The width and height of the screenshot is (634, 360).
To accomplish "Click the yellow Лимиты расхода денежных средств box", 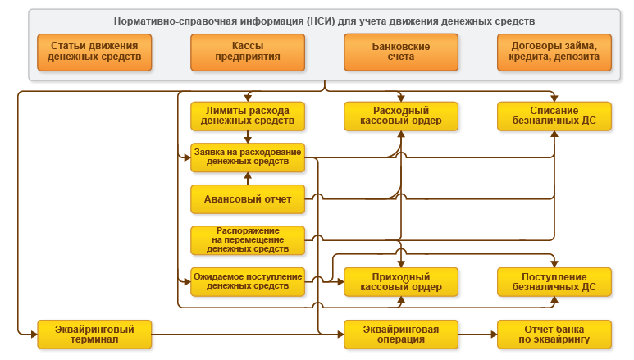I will click(x=248, y=116).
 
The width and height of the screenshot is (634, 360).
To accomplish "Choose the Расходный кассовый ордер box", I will click(x=400, y=116).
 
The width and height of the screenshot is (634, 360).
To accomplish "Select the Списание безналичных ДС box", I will click(x=554, y=116).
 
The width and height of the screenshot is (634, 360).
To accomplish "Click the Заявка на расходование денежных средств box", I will click(x=248, y=157).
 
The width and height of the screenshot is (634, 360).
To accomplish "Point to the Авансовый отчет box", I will click(x=248, y=198).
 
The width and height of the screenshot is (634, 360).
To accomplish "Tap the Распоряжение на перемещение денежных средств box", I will click(x=248, y=239).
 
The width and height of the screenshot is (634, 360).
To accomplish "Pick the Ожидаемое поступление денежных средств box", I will click(x=248, y=281).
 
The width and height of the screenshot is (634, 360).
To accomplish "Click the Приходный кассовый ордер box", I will click(x=400, y=281).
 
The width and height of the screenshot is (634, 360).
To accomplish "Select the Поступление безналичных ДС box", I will click(x=554, y=281).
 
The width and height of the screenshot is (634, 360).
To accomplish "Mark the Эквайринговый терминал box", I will click(x=94, y=334).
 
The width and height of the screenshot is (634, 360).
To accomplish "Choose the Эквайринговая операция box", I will click(x=400, y=334).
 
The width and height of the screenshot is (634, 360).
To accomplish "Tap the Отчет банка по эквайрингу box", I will click(x=554, y=334).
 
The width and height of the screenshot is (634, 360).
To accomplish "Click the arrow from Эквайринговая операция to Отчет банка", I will click(x=477, y=334).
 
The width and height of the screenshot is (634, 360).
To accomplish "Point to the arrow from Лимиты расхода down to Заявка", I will click(x=248, y=137).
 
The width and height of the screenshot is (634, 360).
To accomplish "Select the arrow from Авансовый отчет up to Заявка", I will click(x=248, y=178).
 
